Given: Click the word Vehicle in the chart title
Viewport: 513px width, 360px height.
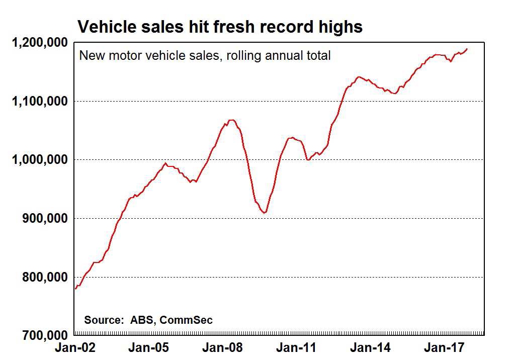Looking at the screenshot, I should click(x=104, y=26).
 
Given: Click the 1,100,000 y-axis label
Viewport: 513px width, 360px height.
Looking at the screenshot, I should click(x=40, y=101).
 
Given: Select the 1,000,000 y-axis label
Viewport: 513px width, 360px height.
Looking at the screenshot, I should click(x=40, y=160).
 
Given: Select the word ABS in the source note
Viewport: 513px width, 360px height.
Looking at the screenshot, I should click(x=140, y=320).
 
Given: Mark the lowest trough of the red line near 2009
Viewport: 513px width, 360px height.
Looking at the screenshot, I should click(x=264, y=213).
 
